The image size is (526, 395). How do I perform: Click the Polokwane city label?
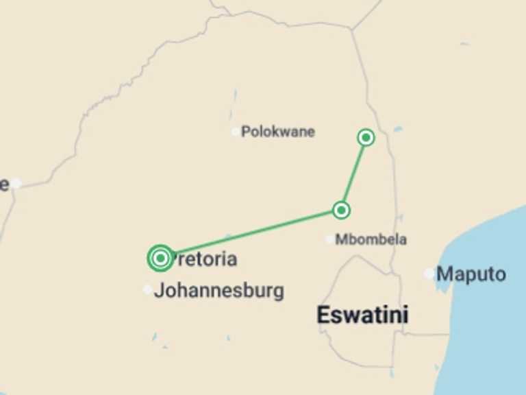point(277,132)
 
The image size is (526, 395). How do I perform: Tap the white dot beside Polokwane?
point(236,132)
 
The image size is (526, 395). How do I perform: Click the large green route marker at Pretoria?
point(160,258)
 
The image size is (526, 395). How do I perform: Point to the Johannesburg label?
point(218,291)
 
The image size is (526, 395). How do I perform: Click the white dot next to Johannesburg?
point(147,289)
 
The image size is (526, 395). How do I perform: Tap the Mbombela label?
point(371,239)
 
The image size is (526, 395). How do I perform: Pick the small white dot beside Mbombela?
point(330,239)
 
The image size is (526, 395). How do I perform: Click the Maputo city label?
point(471,274)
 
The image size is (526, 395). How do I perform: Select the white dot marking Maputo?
point(429,274)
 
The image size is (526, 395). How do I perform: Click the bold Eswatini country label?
point(362,315)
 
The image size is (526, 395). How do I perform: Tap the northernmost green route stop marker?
point(366,138)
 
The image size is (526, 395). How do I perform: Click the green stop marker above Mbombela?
point(341,210)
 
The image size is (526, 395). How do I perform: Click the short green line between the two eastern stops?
point(353,174)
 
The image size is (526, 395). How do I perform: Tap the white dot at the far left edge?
point(16,183)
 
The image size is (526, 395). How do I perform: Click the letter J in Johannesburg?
point(159,291)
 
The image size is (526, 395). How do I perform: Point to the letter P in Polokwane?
point(245,132)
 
